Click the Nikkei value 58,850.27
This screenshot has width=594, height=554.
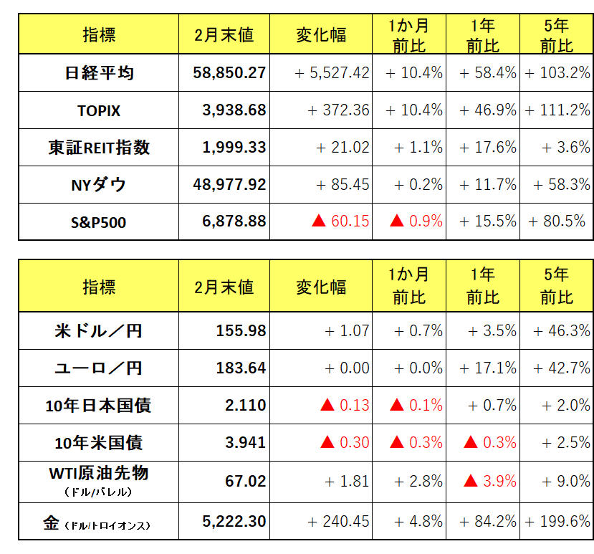point(229,73)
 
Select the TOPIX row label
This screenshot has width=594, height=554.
point(99,111)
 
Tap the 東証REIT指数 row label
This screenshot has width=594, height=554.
point(99,148)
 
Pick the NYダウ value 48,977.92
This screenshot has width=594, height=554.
point(229,185)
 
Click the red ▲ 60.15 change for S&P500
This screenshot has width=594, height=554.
point(340,221)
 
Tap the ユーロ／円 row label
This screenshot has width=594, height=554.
point(99,368)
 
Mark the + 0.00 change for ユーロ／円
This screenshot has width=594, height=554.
point(347,368)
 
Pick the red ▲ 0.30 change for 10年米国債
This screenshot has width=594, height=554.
point(344,443)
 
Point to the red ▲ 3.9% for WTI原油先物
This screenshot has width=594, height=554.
point(492,481)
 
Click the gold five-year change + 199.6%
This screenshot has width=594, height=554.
point(557,522)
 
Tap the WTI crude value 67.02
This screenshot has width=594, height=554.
point(245,481)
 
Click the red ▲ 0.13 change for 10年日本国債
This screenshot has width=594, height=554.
point(344,406)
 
